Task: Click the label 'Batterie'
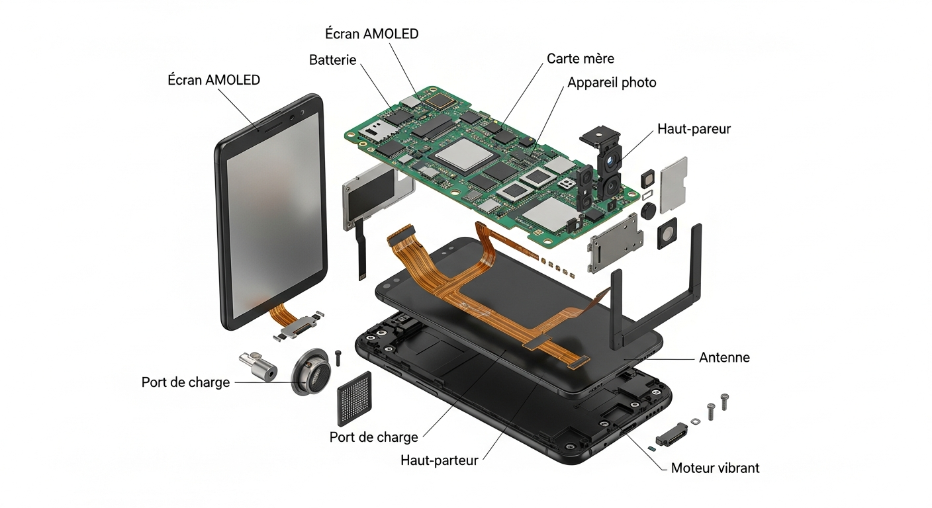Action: (x=332, y=60)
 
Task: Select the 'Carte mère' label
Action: (x=580, y=59)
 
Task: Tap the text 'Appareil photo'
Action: (x=612, y=83)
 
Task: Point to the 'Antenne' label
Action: (x=724, y=357)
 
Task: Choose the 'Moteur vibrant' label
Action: (x=716, y=468)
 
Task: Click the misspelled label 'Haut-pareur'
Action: (x=694, y=129)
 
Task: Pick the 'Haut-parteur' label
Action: (x=440, y=460)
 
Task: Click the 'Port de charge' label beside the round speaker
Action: (x=185, y=382)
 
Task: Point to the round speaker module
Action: (x=311, y=372)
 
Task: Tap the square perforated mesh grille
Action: (x=354, y=399)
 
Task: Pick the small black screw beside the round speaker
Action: (x=338, y=358)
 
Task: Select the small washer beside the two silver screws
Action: (x=695, y=421)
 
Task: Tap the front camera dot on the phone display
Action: (x=293, y=117)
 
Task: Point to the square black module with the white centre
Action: (x=667, y=233)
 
